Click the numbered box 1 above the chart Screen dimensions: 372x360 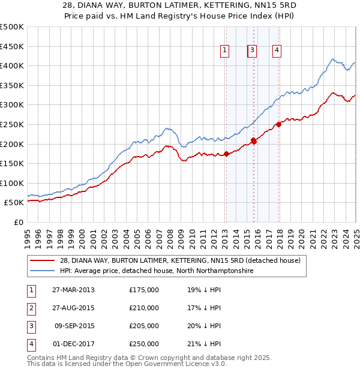[x=224, y=51]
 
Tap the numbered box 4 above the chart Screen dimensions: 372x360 [x=277, y=51]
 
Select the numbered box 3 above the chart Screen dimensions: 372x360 [x=253, y=51]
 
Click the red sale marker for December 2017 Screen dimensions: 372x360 [x=278, y=125]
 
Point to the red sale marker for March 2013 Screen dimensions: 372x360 [x=226, y=154]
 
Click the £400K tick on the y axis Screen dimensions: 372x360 [x=11, y=65]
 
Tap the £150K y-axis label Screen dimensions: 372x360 [x=11, y=163]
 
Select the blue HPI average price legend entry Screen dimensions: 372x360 [x=156, y=271]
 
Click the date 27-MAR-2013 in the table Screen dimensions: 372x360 [x=73, y=290]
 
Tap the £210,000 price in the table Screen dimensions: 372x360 [x=144, y=308]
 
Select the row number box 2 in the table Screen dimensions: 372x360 [x=31, y=308]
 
